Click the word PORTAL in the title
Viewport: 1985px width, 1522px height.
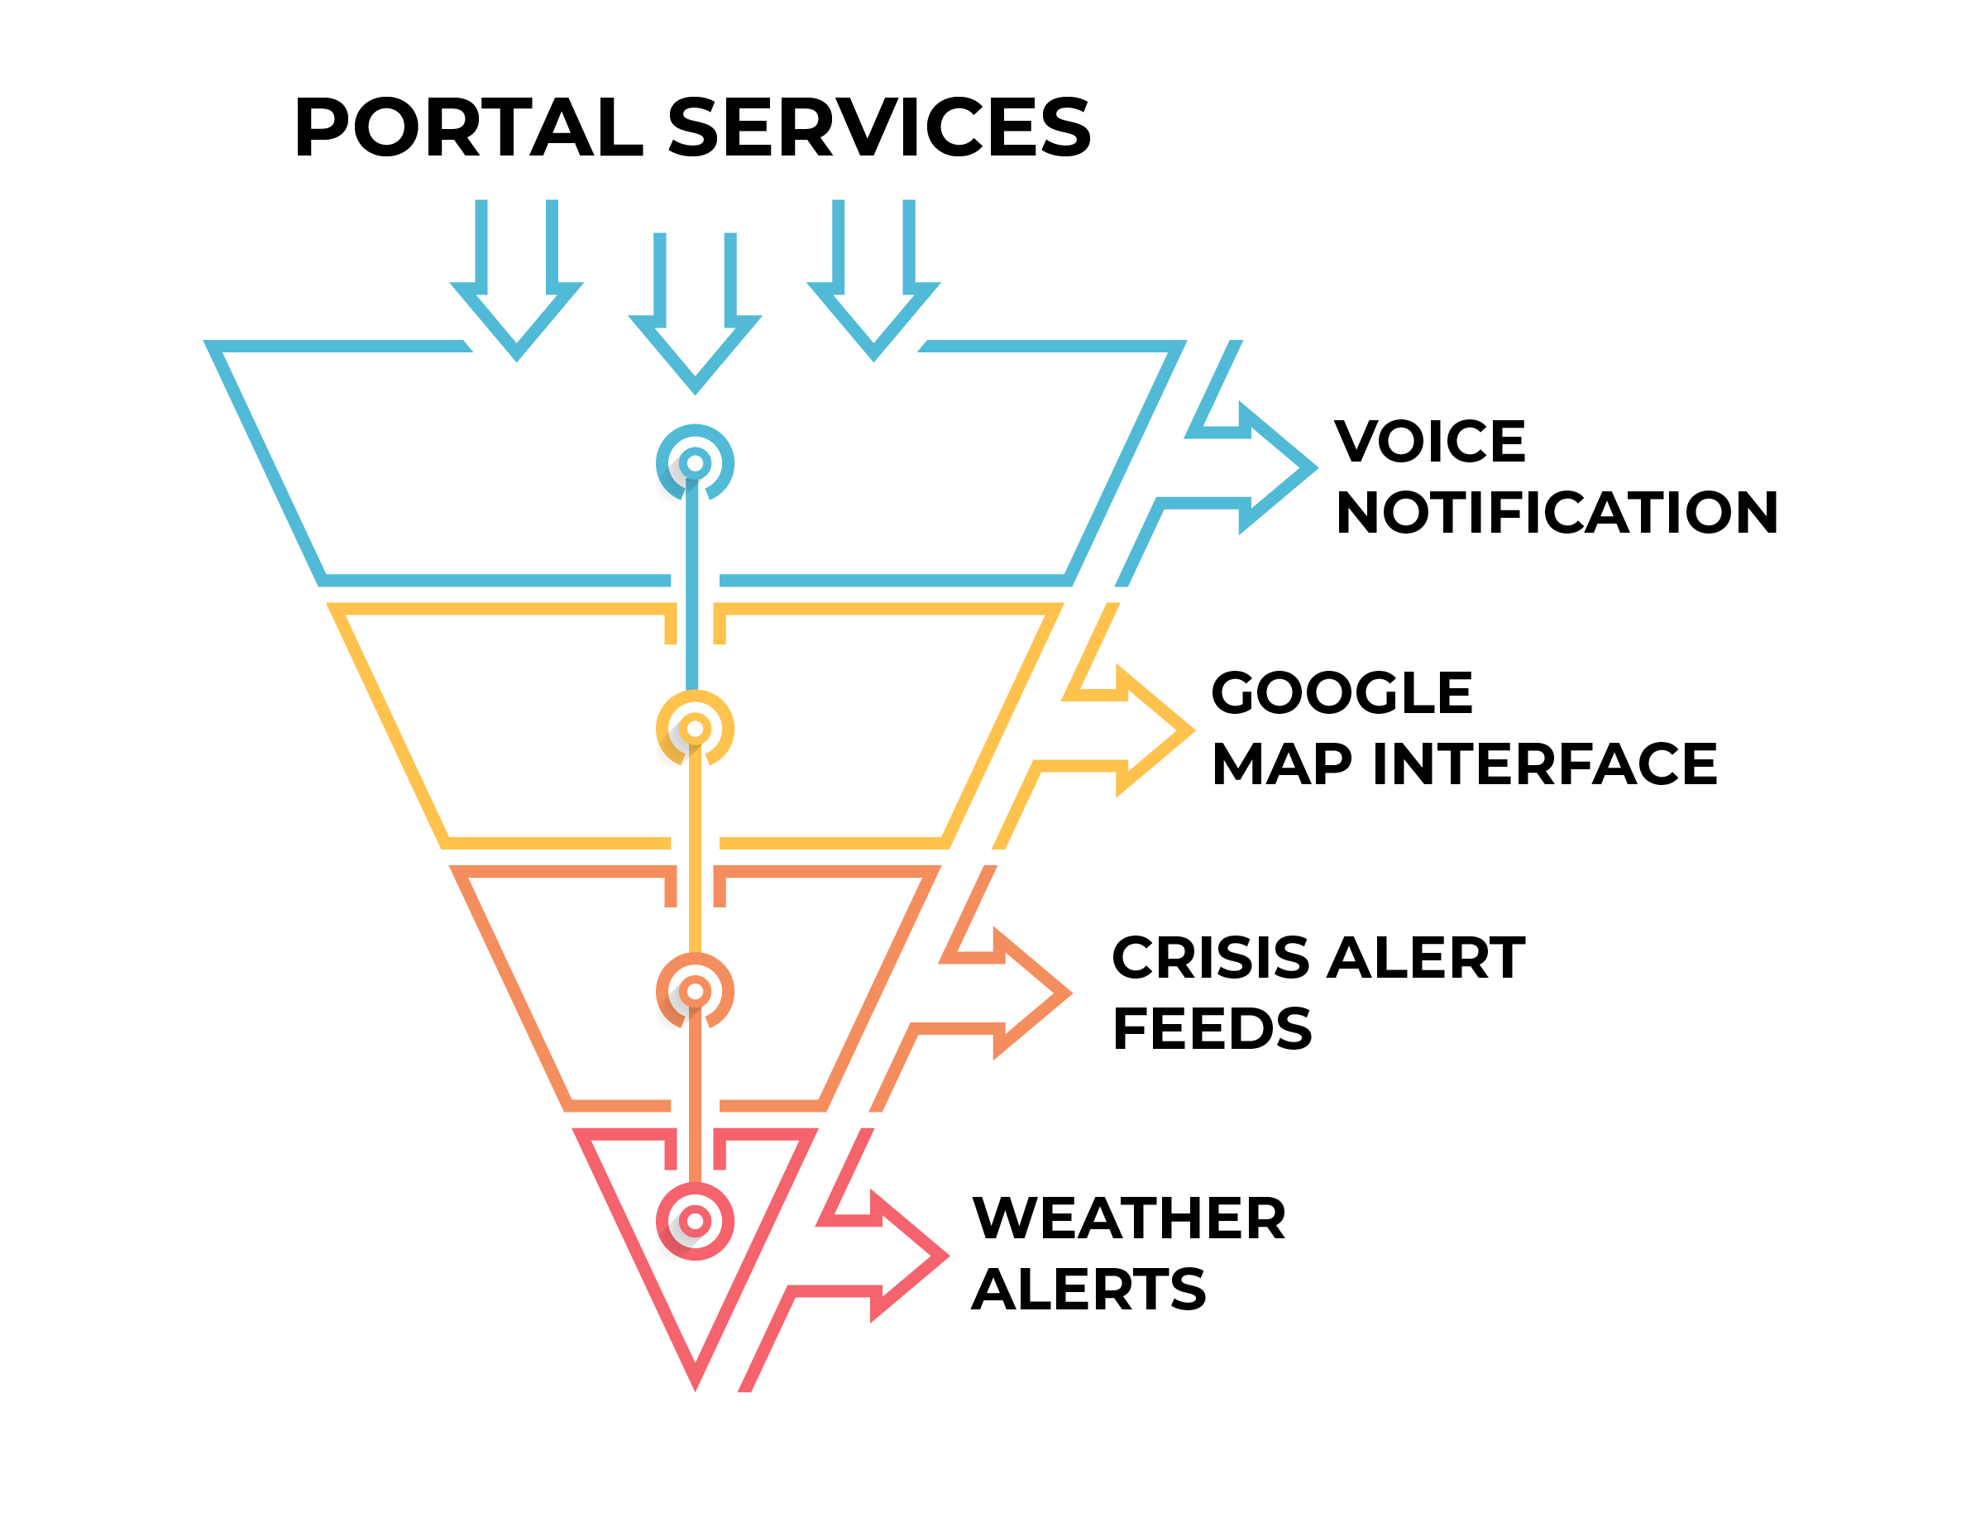(x=468, y=127)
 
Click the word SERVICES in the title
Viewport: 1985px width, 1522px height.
(x=879, y=127)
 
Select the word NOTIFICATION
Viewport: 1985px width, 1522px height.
(x=1556, y=513)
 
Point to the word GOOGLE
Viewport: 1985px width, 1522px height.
(x=1341, y=693)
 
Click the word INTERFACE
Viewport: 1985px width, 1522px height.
(x=1544, y=763)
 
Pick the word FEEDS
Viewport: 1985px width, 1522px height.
(x=1212, y=1028)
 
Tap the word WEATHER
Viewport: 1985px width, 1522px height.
(x=1128, y=1218)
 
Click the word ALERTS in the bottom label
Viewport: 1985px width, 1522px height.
(x=1088, y=1290)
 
